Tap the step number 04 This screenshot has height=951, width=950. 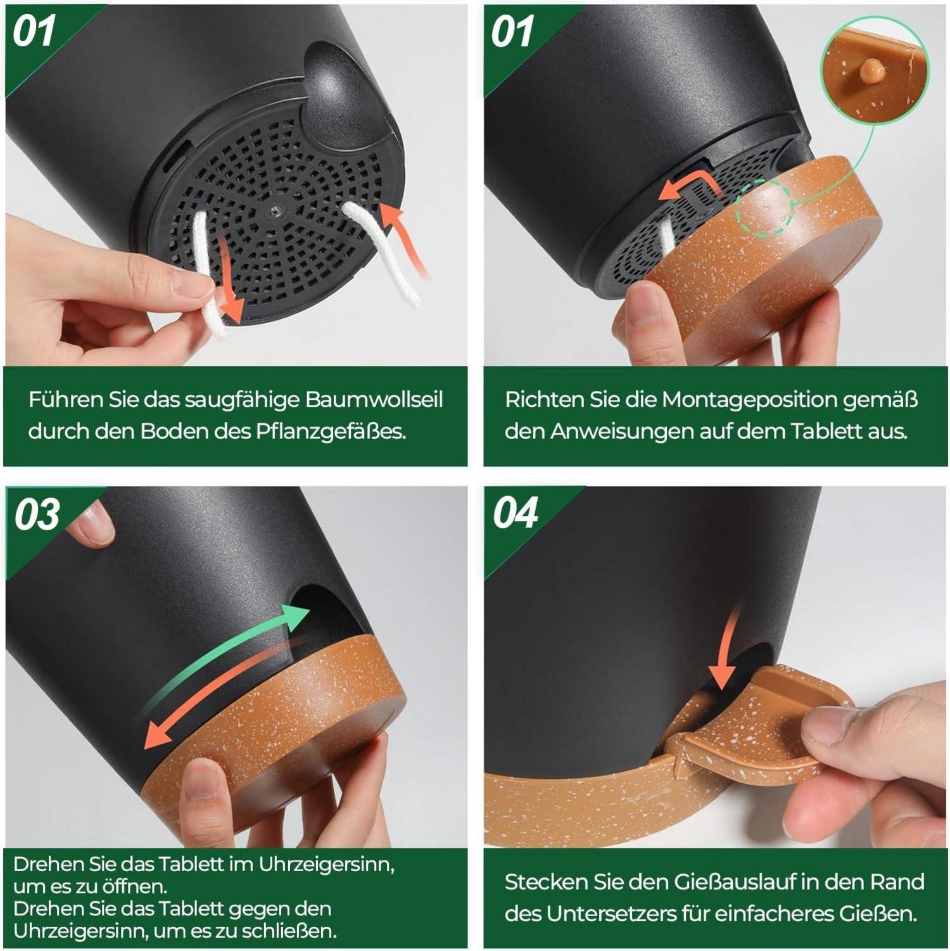pos(516,513)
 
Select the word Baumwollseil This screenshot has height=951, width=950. pos(374,400)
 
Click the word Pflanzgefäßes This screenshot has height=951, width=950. pos(331,431)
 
